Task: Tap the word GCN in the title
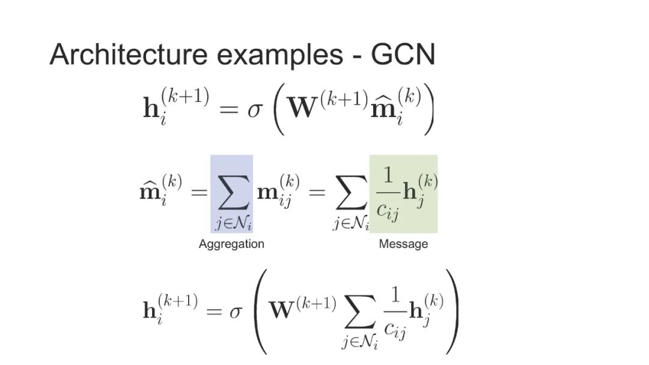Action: (x=403, y=55)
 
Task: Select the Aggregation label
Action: (x=231, y=244)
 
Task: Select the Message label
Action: (x=403, y=244)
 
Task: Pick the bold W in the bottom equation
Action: (x=284, y=309)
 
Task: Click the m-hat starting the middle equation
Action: (x=151, y=191)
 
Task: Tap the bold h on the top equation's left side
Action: (x=150, y=110)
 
